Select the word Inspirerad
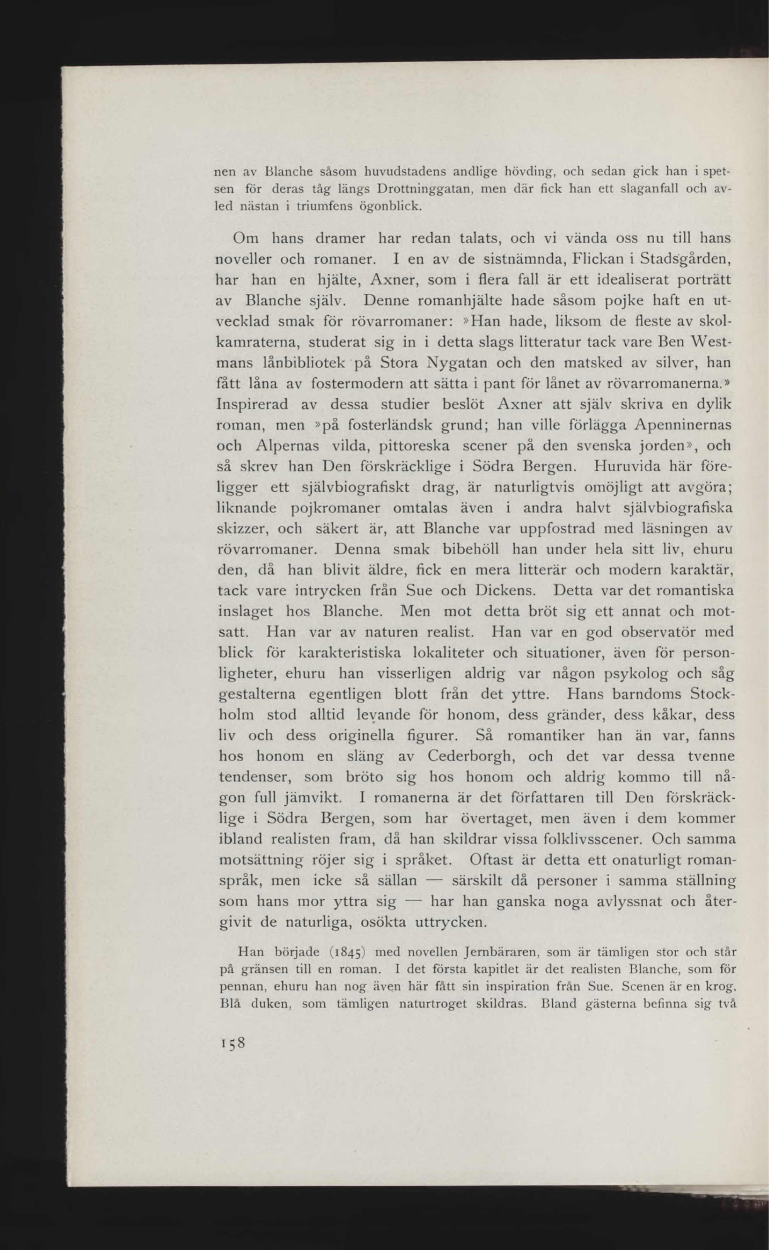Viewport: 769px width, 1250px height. (x=252, y=404)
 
